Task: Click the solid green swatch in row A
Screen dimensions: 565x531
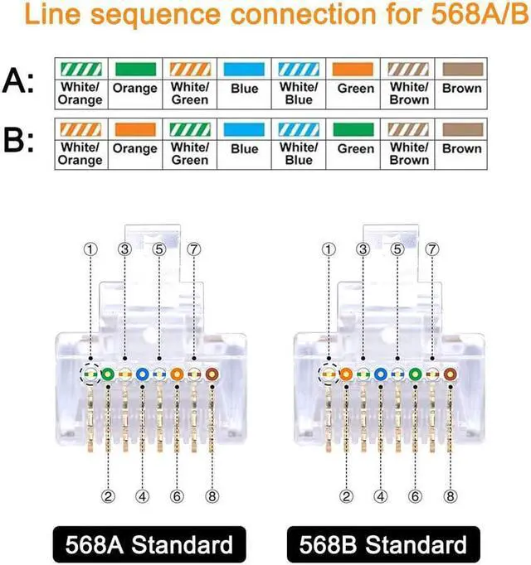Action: pyautogui.click(x=134, y=69)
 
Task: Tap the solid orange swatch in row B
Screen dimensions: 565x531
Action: pyautogui.click(x=134, y=129)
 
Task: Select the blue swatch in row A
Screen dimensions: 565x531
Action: pyautogui.click(x=245, y=69)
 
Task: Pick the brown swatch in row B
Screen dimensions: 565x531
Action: pyautogui.click(x=462, y=129)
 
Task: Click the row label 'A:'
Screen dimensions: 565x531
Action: pyautogui.click(x=20, y=80)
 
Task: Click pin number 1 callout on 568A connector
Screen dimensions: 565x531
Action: pyautogui.click(x=90, y=249)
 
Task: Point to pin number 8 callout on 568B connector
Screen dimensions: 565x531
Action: pyautogui.click(x=450, y=497)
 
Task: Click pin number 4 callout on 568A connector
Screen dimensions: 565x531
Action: pyautogui.click(x=143, y=497)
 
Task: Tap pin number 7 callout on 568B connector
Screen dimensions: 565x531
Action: pyautogui.click(x=432, y=249)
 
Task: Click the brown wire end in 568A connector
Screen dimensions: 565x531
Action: pyautogui.click(x=211, y=374)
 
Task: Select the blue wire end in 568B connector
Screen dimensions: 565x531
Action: pyautogui.click(x=381, y=374)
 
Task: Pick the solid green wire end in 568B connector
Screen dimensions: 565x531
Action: pyautogui.click(x=415, y=374)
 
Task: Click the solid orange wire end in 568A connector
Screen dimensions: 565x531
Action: pyautogui.click(x=177, y=374)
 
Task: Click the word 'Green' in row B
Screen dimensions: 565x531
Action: pyautogui.click(x=356, y=149)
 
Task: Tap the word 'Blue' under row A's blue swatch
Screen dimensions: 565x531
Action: pyautogui.click(x=245, y=89)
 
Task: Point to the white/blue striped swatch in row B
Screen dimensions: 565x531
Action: pyautogui.click(x=299, y=129)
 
